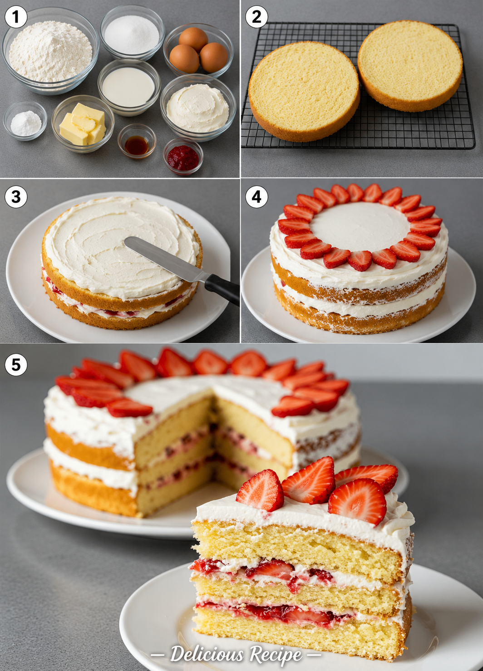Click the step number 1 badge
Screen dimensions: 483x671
16,17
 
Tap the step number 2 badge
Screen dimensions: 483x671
256,17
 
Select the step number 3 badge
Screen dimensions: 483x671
16,197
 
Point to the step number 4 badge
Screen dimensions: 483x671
256,197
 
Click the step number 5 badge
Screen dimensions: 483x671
16,365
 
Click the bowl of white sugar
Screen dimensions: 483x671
132,34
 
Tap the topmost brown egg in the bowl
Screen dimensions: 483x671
193,39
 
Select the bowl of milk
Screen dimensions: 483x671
128,87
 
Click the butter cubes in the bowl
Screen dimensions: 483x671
83,124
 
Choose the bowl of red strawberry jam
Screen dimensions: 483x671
183,157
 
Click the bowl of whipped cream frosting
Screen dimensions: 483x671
198,107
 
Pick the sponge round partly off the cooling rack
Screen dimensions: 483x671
304,91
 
